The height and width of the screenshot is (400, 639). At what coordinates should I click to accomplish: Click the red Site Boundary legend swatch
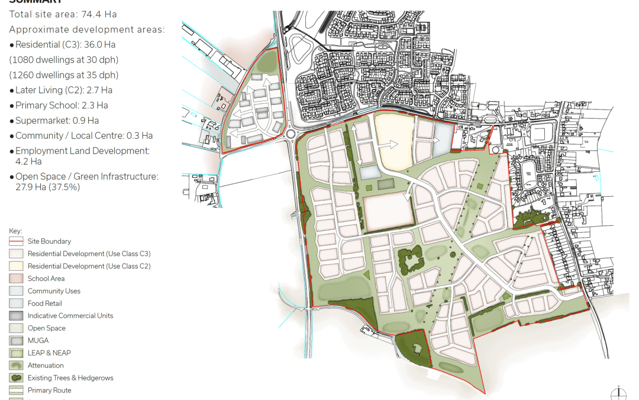16,241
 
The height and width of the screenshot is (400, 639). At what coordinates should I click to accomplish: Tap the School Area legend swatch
16,279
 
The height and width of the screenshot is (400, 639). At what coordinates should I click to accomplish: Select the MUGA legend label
38,341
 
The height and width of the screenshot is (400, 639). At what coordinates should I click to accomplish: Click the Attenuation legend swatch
16,366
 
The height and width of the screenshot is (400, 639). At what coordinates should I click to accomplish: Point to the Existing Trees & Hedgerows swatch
16,378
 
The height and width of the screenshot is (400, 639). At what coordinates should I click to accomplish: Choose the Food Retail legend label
44,303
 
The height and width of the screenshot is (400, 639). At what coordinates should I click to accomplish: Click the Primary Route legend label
49,391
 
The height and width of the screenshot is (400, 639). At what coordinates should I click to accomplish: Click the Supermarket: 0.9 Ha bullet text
57,121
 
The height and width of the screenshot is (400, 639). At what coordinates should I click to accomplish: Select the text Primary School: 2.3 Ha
62,105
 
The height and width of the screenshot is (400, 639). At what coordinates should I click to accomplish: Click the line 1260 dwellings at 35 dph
64,75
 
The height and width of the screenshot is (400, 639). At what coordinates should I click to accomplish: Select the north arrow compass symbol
618,393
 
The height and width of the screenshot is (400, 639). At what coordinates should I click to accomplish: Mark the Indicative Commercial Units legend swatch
16,316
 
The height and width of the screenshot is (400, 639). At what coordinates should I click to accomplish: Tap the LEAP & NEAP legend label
49,353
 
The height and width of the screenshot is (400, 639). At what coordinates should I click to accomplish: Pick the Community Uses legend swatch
16,291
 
